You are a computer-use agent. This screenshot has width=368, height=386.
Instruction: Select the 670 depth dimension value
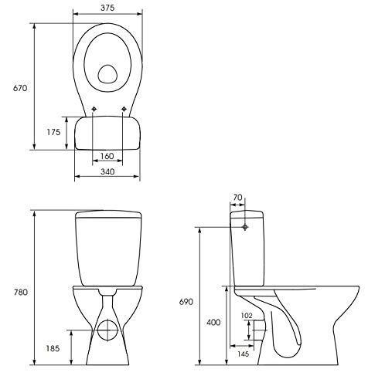pyautogui.click(x=20, y=88)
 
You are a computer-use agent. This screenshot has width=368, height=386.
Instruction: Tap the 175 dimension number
pyautogui.click(x=53, y=133)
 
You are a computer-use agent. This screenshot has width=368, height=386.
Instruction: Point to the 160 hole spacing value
pyautogui.click(x=107, y=157)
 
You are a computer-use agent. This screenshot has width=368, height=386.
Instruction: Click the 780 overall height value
pyautogui.click(x=20, y=293)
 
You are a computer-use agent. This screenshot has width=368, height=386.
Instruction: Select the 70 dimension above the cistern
pyautogui.click(x=238, y=198)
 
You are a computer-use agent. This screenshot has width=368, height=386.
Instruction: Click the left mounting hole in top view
pyautogui.click(x=93, y=109)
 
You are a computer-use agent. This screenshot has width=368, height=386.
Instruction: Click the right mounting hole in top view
pyautogui.click(x=123, y=109)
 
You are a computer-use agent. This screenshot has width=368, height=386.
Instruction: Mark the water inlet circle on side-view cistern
pyautogui.click(x=246, y=228)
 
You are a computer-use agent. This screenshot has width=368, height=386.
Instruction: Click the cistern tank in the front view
pyautogui.click(x=107, y=247)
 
